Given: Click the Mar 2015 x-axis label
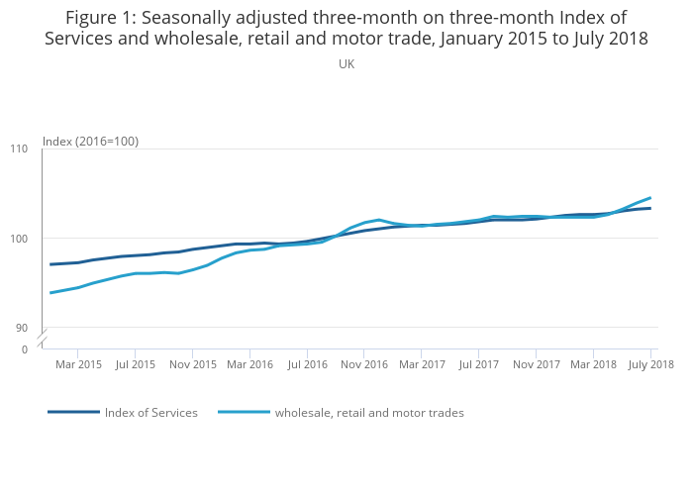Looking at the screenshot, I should [78, 364].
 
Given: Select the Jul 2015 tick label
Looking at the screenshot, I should [136, 364].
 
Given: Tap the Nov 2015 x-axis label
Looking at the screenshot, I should [193, 364].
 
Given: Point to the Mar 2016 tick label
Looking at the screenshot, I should [250, 364].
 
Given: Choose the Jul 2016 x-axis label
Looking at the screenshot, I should [308, 364].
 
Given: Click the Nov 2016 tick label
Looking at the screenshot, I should [364, 364].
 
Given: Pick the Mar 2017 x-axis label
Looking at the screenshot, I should [422, 364].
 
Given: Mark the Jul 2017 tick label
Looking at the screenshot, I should [478, 364].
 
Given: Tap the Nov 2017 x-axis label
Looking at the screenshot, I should [536, 364].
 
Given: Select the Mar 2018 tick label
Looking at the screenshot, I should [593, 364].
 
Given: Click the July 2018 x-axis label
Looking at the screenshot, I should [650, 364].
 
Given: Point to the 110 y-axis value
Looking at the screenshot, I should [20, 149].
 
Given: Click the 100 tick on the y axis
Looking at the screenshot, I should [20, 239].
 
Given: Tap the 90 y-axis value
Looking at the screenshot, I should [23, 328].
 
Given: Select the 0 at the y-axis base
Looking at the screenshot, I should [25, 349].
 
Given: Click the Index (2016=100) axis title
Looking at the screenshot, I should [90, 142].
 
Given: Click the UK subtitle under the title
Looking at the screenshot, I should [346, 64].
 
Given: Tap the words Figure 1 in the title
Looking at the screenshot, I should [102, 18].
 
